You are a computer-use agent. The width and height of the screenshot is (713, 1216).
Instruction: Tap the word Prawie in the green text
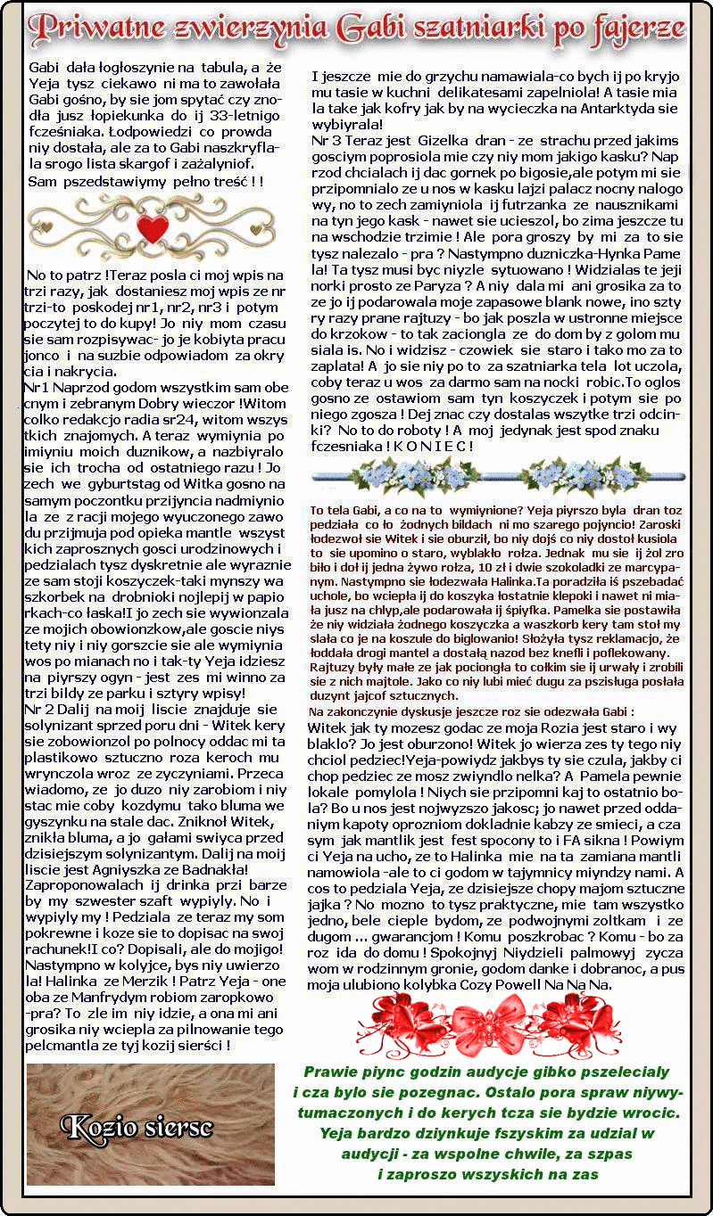[331, 1072]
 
